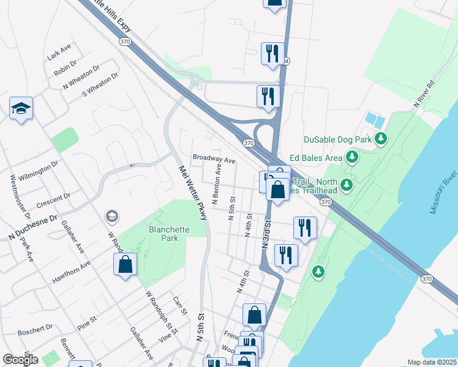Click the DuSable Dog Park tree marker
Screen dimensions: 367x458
pos(381,139)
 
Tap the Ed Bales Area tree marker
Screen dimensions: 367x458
pos(352,158)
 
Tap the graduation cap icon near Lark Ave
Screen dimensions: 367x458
pos(21,108)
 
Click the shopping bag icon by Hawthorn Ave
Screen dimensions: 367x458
pos(125,265)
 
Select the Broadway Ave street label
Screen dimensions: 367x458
pos(214,158)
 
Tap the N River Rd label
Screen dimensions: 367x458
pos(424,95)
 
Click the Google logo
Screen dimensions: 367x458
pos(20,360)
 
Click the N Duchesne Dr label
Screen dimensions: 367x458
pos(32,227)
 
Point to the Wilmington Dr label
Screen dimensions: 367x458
pos(38,168)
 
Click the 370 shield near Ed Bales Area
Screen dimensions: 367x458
pos(248,143)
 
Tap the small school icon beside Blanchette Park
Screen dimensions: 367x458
pos(111,216)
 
